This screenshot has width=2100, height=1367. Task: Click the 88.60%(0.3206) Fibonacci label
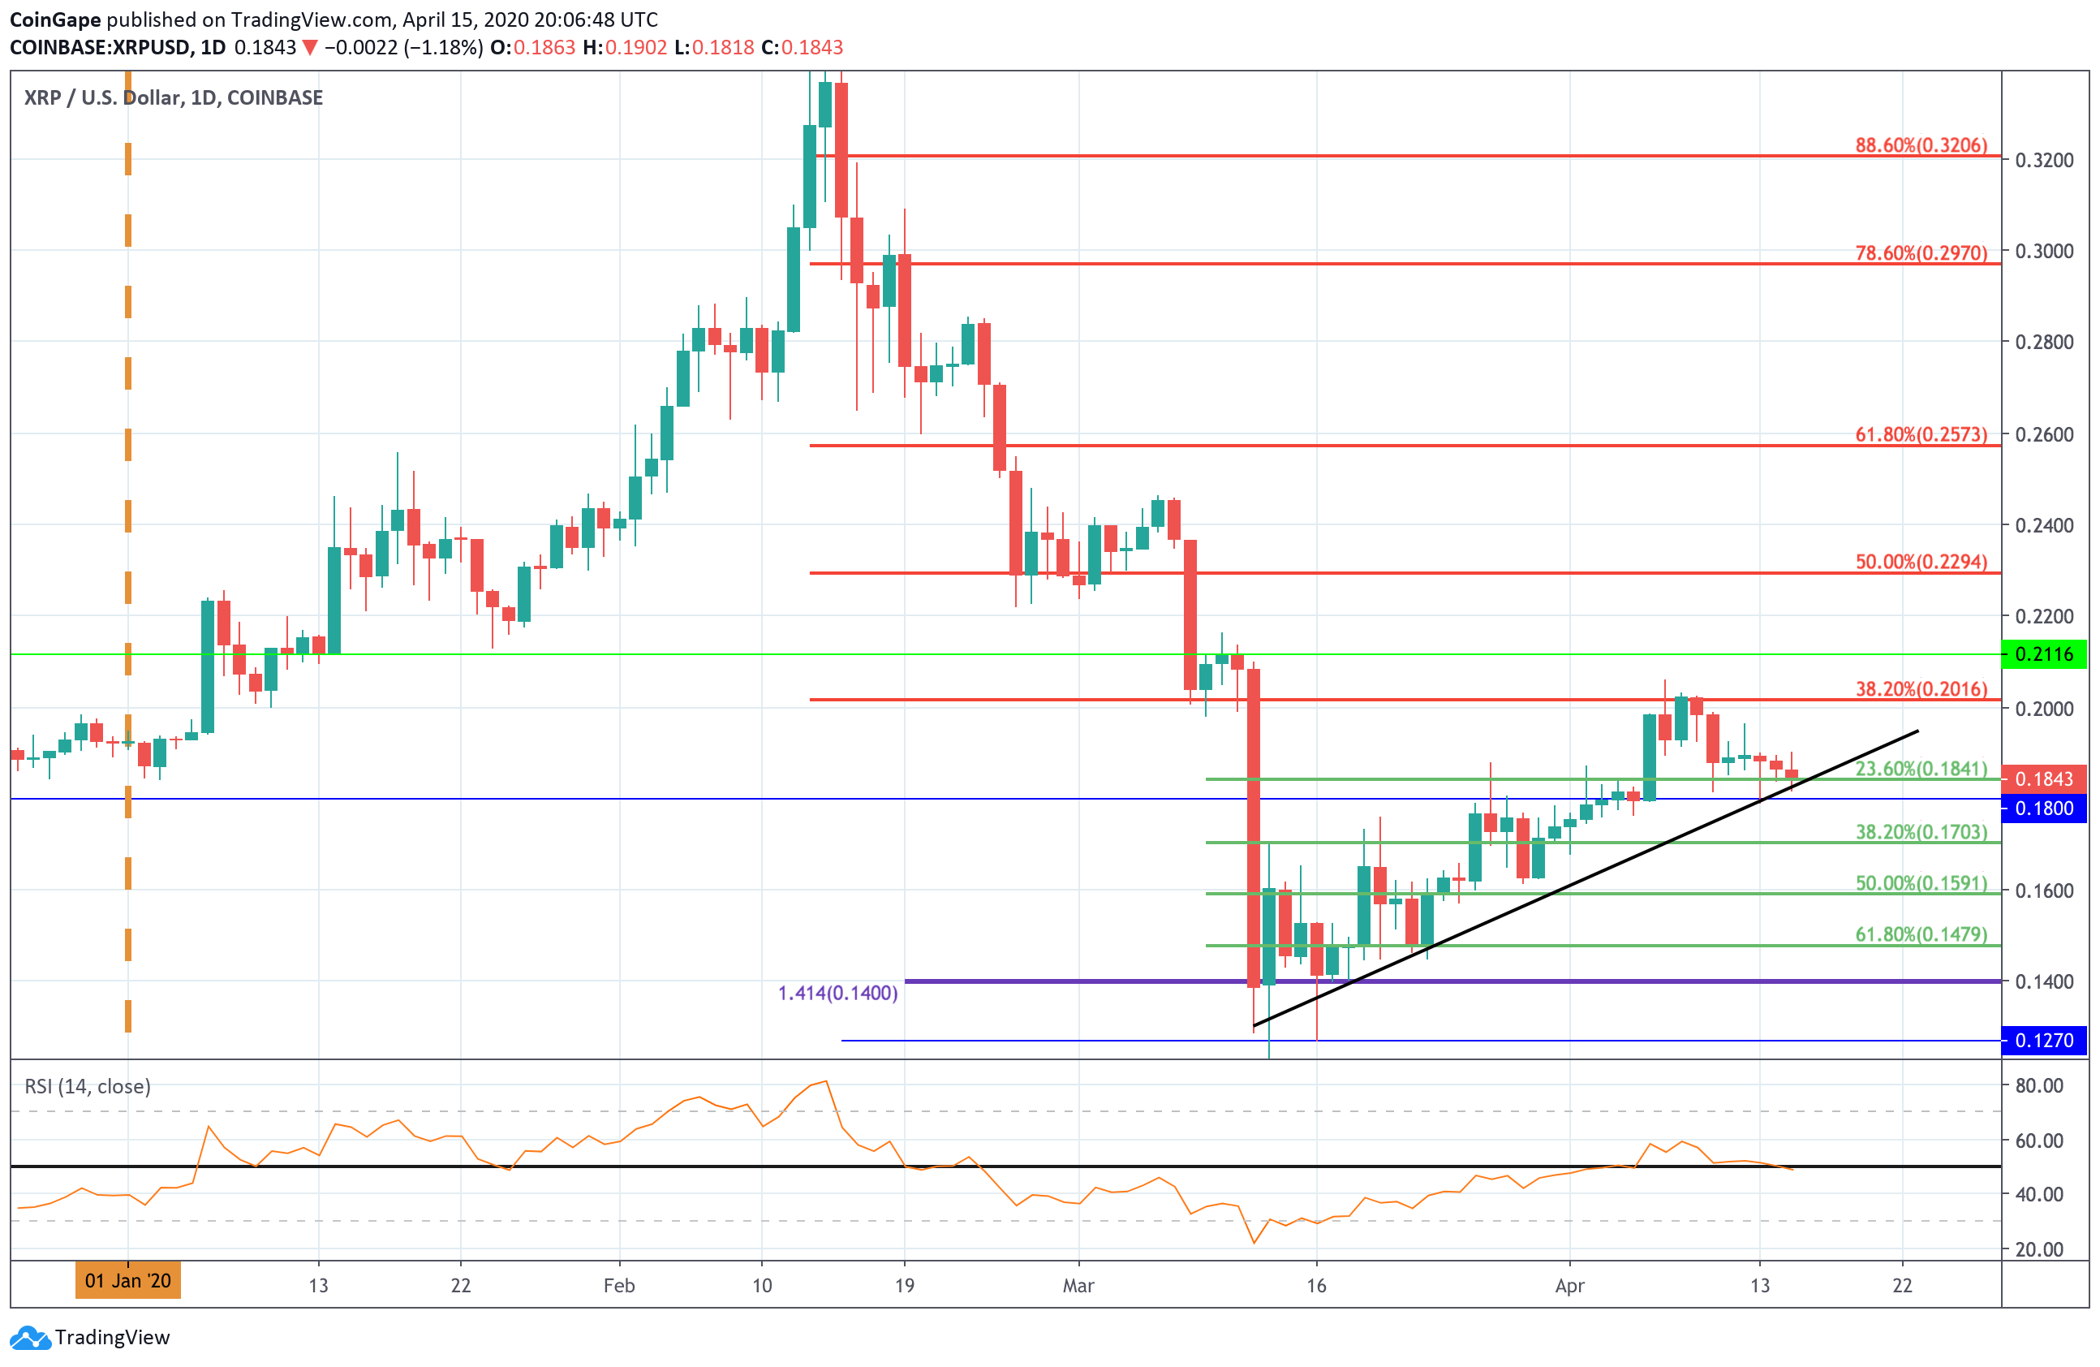point(1921,145)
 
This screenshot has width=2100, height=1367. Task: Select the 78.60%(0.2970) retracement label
point(1921,253)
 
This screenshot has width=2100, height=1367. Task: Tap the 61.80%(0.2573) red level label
point(1921,434)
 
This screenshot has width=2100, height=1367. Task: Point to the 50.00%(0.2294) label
point(1921,563)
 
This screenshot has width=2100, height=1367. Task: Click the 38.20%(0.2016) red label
point(1921,689)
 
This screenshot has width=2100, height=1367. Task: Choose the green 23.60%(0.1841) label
point(1921,769)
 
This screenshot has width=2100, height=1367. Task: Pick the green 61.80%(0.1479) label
point(1921,934)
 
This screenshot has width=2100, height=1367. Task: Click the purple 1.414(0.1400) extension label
point(837,993)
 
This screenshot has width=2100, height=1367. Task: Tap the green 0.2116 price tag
point(2043,655)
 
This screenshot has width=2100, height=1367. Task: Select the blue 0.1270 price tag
point(2043,1041)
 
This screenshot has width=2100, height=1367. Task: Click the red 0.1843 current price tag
point(2043,779)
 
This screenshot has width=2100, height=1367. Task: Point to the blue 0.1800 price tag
point(2043,809)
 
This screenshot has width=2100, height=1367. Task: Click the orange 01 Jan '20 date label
point(128,1280)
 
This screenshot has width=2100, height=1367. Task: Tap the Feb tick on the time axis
point(618,1286)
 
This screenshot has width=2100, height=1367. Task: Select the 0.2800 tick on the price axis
point(2043,343)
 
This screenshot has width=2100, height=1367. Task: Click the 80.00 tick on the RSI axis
point(2038,1085)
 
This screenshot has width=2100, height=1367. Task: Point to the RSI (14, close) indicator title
point(88,1086)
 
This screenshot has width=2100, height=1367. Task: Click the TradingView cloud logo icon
point(30,1338)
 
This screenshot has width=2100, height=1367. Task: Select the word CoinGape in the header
point(54,19)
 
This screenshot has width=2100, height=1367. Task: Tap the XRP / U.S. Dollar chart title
point(173,98)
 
